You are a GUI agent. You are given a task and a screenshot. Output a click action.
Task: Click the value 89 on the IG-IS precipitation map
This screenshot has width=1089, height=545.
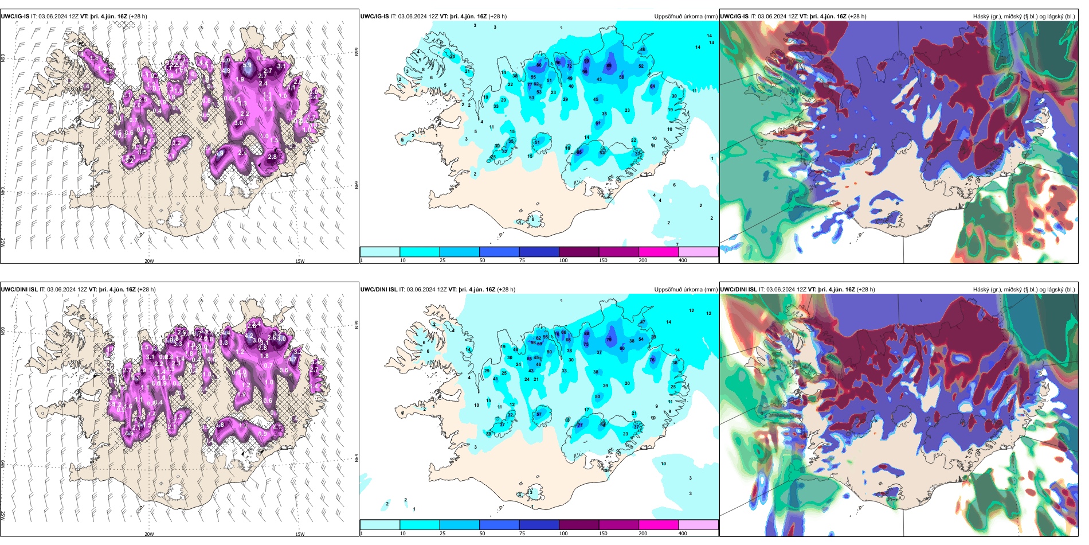tap(609, 65)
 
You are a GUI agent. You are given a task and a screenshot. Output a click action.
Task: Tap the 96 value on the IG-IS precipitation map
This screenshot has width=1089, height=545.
tap(558, 63)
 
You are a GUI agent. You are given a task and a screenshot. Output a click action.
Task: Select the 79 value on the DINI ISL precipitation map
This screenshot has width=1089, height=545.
tap(609, 340)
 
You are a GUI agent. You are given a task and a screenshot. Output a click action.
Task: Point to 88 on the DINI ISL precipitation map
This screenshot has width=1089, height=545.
tap(586, 333)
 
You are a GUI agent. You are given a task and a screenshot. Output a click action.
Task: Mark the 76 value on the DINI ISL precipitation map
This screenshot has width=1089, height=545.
tap(652, 360)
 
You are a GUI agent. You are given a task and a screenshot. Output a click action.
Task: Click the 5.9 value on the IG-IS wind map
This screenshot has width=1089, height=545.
tap(247, 65)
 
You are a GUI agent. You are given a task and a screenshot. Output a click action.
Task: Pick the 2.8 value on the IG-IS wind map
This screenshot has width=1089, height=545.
tap(272, 157)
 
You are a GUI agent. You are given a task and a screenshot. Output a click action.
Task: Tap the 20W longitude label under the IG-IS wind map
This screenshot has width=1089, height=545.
tap(149, 261)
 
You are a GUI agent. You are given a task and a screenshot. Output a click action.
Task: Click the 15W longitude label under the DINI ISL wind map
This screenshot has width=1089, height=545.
tap(300, 534)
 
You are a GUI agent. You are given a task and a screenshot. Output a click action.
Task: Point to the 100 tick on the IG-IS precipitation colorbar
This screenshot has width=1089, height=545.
tap(563, 260)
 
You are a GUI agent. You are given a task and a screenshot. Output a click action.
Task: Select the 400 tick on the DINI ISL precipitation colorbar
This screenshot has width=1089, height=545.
tap(683, 534)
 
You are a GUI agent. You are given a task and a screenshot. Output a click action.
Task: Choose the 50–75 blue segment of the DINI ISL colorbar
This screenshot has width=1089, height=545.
tap(499, 525)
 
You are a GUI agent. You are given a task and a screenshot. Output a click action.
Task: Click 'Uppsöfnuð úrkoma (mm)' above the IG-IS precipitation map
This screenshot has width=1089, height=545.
tap(685, 17)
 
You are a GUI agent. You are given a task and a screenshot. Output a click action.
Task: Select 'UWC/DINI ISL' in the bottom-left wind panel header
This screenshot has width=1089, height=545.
tap(19, 290)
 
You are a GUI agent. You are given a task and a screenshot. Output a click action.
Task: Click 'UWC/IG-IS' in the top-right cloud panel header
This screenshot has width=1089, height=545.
tap(734, 17)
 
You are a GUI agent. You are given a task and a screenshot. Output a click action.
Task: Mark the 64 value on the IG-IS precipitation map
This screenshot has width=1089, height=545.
tap(652, 86)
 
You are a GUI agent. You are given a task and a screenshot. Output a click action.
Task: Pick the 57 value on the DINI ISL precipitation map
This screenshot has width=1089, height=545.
tap(539, 414)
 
